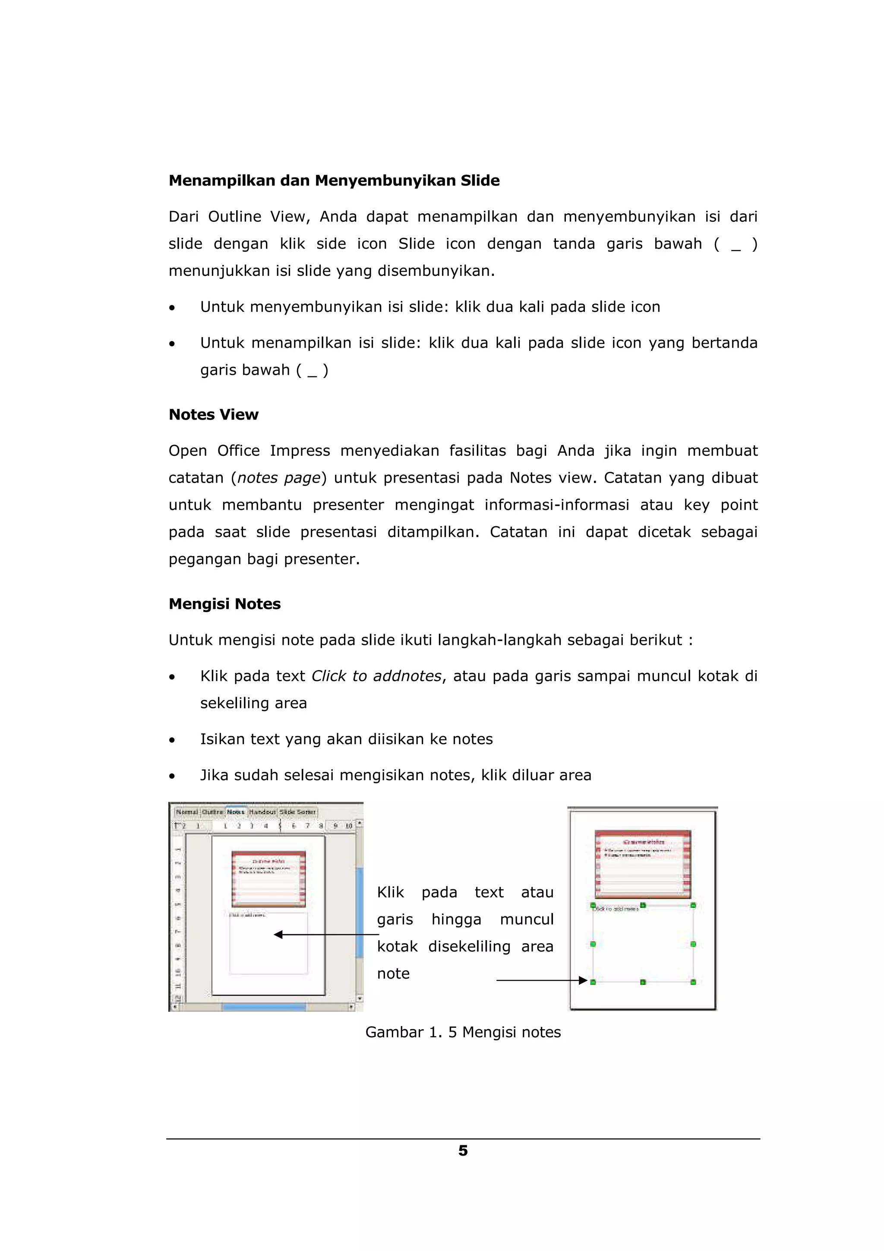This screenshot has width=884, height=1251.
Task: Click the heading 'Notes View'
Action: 214,415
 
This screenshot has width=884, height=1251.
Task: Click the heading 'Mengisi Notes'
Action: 224,604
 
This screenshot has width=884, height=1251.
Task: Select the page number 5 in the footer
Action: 463,1151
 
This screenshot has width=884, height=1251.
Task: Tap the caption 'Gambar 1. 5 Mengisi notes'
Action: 463,1032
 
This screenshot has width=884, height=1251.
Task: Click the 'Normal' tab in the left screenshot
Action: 187,812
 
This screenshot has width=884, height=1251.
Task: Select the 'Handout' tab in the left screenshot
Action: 262,812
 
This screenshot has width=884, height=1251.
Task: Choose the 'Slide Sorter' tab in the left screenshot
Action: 297,812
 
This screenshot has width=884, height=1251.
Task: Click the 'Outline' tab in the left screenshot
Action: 212,812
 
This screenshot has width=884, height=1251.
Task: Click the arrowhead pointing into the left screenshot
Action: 278,935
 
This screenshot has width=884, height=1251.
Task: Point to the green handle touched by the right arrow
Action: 593,982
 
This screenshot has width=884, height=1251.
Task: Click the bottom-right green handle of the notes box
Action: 693,982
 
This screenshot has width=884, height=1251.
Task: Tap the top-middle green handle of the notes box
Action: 643,905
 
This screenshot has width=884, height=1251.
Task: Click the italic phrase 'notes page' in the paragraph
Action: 278,478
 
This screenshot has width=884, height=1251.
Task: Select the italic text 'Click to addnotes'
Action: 376,676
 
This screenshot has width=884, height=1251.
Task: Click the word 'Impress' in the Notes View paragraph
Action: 300,451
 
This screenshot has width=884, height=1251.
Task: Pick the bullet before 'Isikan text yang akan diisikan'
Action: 172,740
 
